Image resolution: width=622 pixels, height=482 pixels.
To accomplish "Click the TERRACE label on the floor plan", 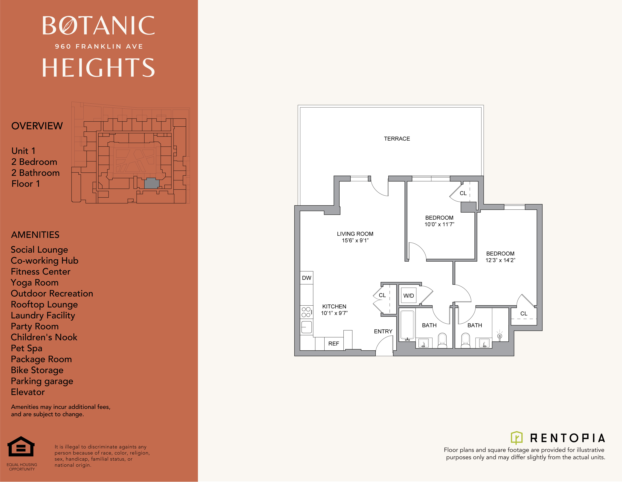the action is coord(397,139).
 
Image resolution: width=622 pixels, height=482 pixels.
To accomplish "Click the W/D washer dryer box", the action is coord(408,295).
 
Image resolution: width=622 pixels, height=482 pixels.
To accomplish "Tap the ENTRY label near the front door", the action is coord(383,331).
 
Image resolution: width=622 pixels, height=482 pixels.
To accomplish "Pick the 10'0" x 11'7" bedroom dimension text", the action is coord(439,224).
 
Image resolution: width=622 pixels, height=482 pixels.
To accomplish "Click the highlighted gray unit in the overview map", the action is coord(152,183).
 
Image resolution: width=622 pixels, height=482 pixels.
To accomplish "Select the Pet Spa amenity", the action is coord(27,348).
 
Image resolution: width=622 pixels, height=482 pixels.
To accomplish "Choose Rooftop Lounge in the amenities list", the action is coord(44,304).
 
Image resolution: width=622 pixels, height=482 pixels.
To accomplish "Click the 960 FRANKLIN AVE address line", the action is coord(99,46).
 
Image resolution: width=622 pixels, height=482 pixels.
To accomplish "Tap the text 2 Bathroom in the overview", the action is coord(36,173).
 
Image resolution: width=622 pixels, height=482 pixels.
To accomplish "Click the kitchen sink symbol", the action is coord(306,327).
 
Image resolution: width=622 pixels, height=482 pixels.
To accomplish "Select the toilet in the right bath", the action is coord(465,340).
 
